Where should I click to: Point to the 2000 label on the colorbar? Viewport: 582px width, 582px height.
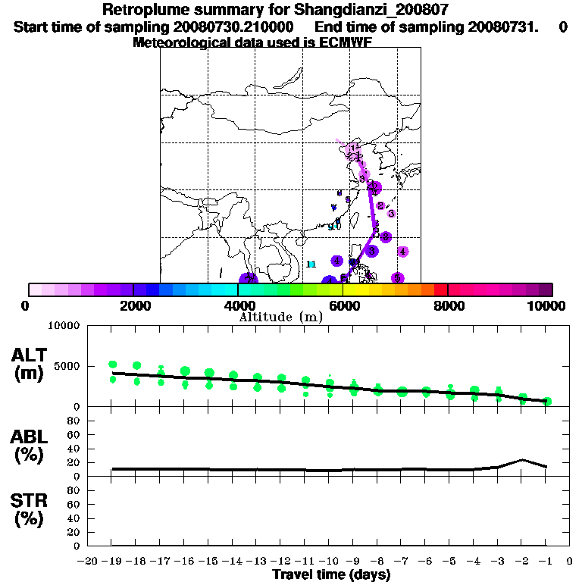click(133, 305)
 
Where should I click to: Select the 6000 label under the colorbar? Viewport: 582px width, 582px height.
click(343, 305)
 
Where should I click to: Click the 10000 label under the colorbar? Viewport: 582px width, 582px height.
click(547, 305)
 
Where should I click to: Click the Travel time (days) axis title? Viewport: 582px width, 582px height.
click(331, 575)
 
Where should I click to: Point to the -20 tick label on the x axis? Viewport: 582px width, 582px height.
click(88, 562)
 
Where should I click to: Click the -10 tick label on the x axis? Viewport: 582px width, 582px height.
click(329, 562)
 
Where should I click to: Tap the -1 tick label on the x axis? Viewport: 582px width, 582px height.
click(546, 562)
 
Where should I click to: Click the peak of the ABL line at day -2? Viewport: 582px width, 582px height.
click(522, 459)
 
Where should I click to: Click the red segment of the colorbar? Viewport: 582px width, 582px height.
click(441, 289)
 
